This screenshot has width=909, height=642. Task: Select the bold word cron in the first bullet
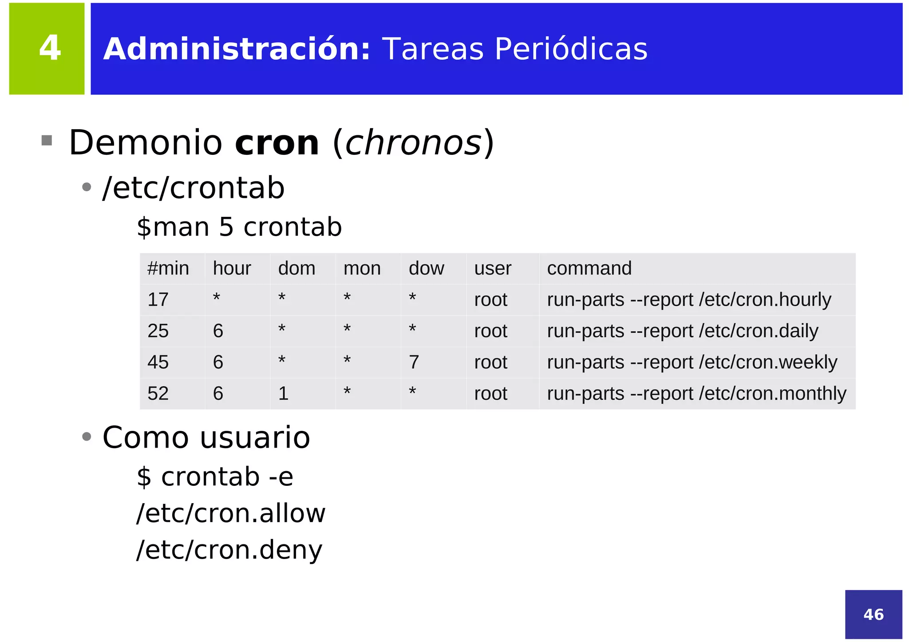pyautogui.click(x=277, y=143)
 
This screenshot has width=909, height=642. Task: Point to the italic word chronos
pyautogui.click(x=413, y=143)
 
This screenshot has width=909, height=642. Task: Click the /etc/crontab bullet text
pyautogui.click(x=194, y=188)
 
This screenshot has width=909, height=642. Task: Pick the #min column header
pyautogui.click(x=168, y=268)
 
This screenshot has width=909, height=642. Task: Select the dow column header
pyautogui.click(x=426, y=268)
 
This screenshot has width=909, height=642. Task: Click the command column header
pyautogui.click(x=589, y=268)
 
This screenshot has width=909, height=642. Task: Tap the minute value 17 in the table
pyautogui.click(x=158, y=300)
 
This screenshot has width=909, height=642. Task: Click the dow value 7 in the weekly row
pyautogui.click(x=414, y=362)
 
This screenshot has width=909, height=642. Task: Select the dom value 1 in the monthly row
pyautogui.click(x=283, y=394)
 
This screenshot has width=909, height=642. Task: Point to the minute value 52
pyautogui.click(x=158, y=394)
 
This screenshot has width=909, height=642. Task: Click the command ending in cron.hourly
pyautogui.click(x=689, y=300)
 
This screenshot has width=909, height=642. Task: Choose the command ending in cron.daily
pyautogui.click(x=682, y=331)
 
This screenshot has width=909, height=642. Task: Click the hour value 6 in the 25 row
pyautogui.click(x=218, y=331)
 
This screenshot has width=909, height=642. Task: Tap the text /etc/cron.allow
pyautogui.click(x=231, y=513)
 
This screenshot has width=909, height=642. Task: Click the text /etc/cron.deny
pyautogui.click(x=229, y=550)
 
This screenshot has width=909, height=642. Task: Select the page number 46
pyautogui.click(x=873, y=614)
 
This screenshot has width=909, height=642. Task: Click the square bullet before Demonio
pyautogui.click(x=47, y=141)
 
